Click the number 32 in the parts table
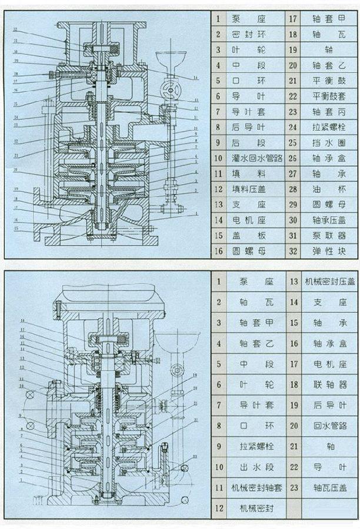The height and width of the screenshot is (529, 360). pyautogui.click(x=293, y=251)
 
